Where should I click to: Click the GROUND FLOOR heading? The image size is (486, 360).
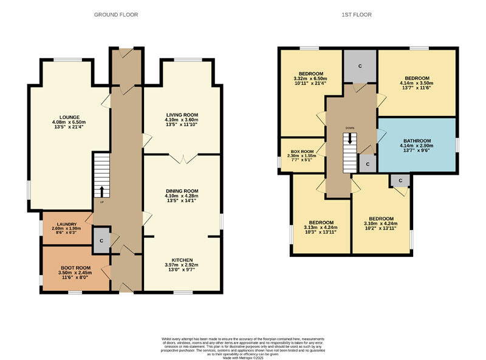point(115,15)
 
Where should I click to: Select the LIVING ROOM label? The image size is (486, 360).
point(182,114)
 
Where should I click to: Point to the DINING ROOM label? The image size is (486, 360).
point(182,191)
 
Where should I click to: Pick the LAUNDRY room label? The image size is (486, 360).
point(64,224)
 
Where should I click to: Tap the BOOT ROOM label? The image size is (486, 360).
point(75,268)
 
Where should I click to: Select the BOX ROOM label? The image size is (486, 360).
point(301,151)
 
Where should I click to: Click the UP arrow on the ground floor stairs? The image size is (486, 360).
point(101,192)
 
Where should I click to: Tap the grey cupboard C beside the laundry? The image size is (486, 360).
point(101,241)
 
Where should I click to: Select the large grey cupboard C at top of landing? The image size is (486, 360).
point(360,66)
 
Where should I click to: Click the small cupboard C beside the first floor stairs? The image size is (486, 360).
point(367,163)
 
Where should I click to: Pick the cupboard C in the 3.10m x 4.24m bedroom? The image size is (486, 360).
point(400,181)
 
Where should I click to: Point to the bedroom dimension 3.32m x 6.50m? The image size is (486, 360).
point(310,78)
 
